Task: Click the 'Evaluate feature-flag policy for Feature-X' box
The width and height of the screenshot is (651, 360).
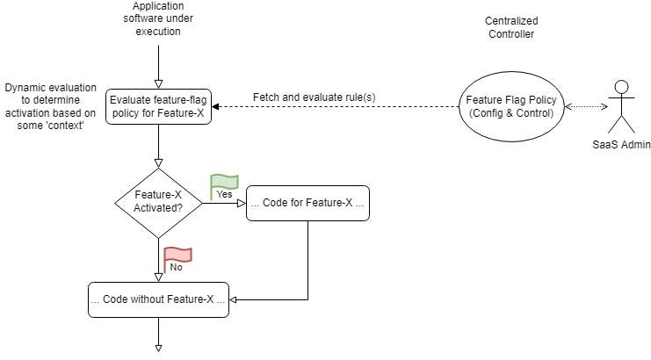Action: [x=158, y=106]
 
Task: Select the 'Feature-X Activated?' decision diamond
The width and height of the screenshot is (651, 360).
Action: [x=158, y=203]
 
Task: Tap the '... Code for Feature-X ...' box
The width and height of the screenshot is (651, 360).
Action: [x=307, y=203]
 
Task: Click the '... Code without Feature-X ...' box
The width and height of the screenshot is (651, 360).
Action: [x=158, y=299]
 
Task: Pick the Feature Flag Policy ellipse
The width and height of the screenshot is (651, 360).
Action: [x=510, y=106]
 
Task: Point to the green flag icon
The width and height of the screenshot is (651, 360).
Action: [x=224, y=183]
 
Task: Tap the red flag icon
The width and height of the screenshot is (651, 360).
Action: [x=177, y=255]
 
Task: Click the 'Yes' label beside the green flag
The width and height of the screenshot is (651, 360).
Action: [x=223, y=195]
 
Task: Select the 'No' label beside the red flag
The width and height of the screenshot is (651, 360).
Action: [x=176, y=266]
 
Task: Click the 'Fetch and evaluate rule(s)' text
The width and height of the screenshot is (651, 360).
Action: [x=315, y=96]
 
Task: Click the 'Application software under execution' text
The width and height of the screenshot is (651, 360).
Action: [x=157, y=18]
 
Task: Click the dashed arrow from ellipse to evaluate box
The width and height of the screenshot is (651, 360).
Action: [x=334, y=107]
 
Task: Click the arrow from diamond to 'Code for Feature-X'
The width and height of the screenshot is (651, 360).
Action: [x=224, y=203]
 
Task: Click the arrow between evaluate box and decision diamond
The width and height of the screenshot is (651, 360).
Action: [x=158, y=145]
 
